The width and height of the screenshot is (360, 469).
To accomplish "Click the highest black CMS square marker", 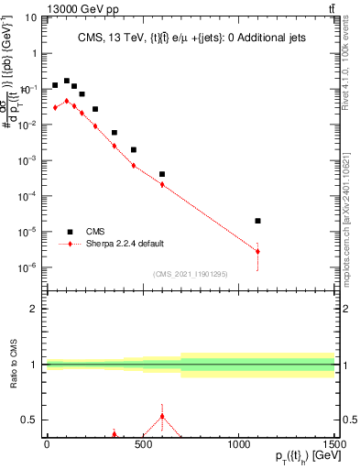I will (x=67, y=82).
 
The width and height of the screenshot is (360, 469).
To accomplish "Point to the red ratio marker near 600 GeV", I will (x=162, y=417).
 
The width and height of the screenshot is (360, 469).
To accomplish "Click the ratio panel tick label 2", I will (x=35, y=309).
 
